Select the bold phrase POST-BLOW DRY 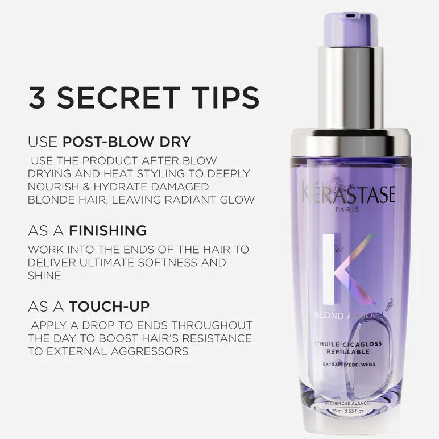[127, 141]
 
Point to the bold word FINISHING [108, 230]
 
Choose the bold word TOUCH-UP [109, 307]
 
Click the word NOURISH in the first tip [51, 187]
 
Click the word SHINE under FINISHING [44, 276]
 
